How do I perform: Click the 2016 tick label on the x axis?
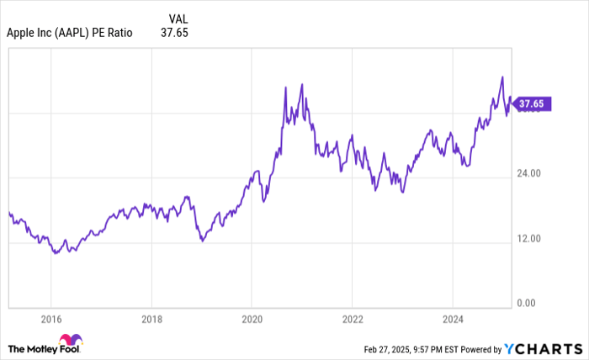(x=50, y=320)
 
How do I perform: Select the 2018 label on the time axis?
(x=151, y=320)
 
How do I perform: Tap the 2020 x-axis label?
(x=251, y=320)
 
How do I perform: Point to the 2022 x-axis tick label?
(x=352, y=320)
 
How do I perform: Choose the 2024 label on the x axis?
(x=452, y=320)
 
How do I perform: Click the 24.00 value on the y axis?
(x=528, y=173)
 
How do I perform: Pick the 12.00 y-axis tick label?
(x=528, y=238)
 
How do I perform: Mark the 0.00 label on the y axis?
(x=526, y=303)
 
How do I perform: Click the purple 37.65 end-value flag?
(x=532, y=104)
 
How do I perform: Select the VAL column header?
(x=178, y=17)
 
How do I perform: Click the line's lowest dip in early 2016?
(x=55, y=252)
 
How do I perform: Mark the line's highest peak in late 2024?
(x=502, y=77)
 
